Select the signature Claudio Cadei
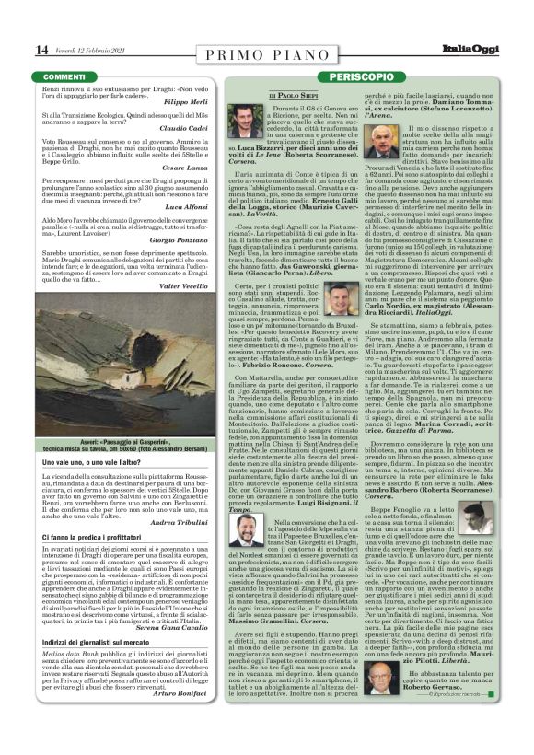pos(215,128)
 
